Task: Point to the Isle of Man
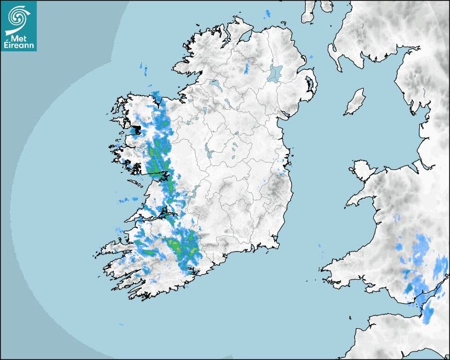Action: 355,102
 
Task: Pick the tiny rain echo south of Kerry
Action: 121,324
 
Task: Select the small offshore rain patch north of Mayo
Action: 142,67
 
